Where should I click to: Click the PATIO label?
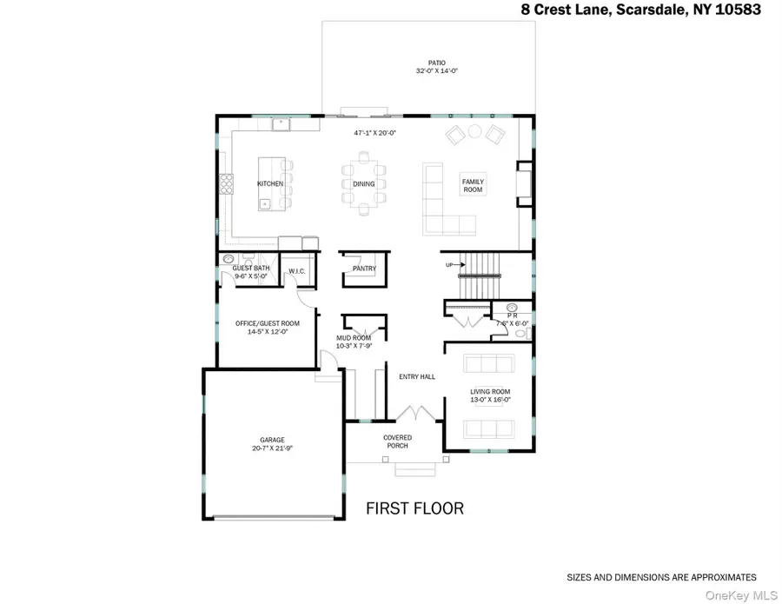[x=437, y=63]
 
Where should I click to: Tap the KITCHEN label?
[x=270, y=183]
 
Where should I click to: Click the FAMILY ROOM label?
[x=473, y=184]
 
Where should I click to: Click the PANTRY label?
[x=364, y=269]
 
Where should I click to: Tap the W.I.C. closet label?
[x=296, y=270]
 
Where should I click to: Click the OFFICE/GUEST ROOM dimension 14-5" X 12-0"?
[x=268, y=332]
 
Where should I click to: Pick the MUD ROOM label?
[x=355, y=337]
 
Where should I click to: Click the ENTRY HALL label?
[x=417, y=376]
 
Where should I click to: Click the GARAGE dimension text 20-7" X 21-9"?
[x=272, y=448]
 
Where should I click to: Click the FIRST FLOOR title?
[x=414, y=508]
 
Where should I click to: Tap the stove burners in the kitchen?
[x=226, y=183]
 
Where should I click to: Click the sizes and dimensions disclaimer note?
[x=661, y=577]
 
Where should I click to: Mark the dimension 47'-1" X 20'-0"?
[x=374, y=134]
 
